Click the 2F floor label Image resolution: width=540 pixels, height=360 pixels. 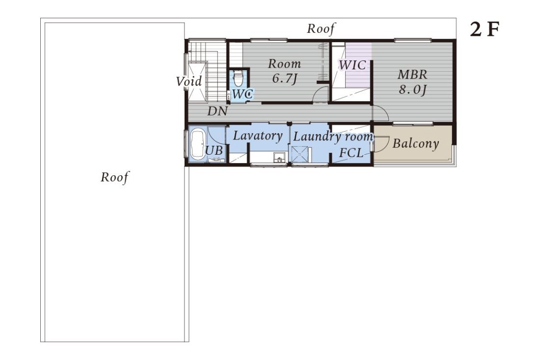pos(485,29)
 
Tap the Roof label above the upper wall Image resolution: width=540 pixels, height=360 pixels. pos(321,28)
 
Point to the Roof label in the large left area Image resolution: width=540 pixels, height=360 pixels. pos(114,177)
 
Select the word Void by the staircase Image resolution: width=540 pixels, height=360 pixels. pos(189,82)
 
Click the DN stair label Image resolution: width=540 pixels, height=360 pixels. pos(217,111)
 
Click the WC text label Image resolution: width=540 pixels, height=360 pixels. pos(243,94)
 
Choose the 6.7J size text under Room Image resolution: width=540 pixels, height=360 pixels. pos(284,79)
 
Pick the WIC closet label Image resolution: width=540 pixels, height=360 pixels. pos(352,65)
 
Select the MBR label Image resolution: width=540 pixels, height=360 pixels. pos(412,75)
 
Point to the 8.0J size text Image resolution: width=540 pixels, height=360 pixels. pos(412,89)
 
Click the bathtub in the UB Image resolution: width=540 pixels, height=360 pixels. pos(197,144)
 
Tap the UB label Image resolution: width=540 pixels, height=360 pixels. pos(214,151)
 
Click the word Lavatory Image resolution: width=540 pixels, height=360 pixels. pos(258,136)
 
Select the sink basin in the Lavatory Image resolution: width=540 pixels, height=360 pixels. pos(279,158)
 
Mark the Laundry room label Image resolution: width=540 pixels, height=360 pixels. pos(333,137)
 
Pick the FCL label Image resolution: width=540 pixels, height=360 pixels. pos(351,152)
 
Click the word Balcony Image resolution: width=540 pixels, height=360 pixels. pos(416,143)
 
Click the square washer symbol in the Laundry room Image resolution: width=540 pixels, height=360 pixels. pos(299,154)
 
